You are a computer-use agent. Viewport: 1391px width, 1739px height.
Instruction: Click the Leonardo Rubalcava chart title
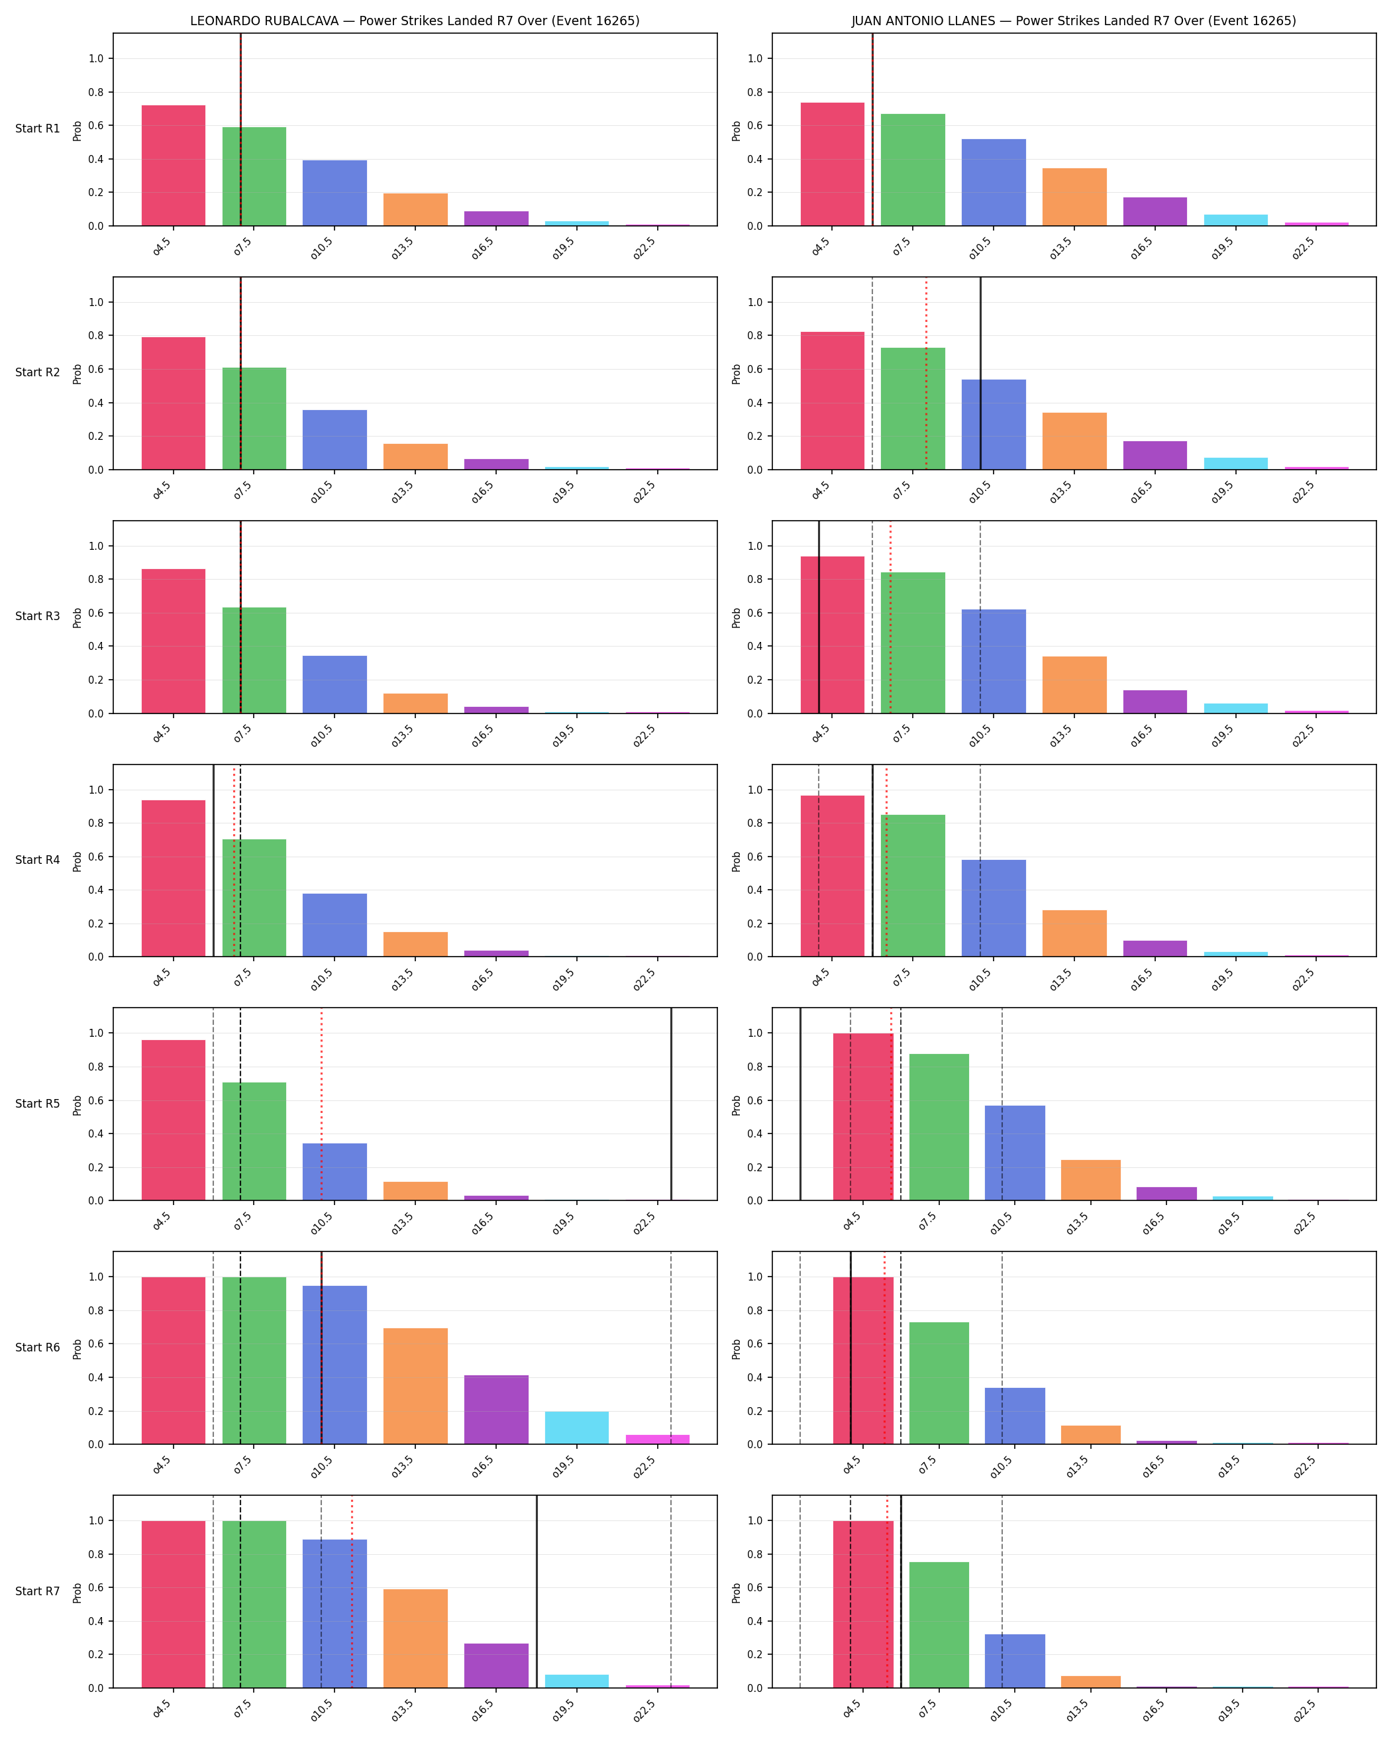415,21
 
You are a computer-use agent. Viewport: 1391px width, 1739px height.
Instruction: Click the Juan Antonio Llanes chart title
1073,21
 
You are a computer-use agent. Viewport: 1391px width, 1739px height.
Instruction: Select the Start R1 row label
37,129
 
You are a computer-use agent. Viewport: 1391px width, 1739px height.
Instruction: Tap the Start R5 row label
37,1104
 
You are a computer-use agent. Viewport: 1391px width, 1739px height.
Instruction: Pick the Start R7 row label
37,1591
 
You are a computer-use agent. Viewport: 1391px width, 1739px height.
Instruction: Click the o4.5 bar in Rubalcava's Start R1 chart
174,166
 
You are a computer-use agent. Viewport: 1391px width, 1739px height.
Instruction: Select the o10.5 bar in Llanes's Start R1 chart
994,182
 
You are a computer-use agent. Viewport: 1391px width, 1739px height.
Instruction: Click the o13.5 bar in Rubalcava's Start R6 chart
415,1386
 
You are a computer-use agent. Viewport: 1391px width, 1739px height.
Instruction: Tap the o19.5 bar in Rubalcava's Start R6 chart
576,1428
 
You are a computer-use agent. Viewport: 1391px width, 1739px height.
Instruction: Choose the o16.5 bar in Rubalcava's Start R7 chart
496,1665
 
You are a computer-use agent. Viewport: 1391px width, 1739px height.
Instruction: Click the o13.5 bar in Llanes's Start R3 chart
1074,685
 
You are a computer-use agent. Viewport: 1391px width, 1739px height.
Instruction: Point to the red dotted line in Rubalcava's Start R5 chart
321,1104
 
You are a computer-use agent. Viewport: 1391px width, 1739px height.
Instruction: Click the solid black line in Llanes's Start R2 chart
980,374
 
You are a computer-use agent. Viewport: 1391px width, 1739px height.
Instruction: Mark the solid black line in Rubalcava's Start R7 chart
537,1591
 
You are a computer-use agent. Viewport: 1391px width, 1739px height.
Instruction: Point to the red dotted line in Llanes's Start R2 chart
927,374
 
